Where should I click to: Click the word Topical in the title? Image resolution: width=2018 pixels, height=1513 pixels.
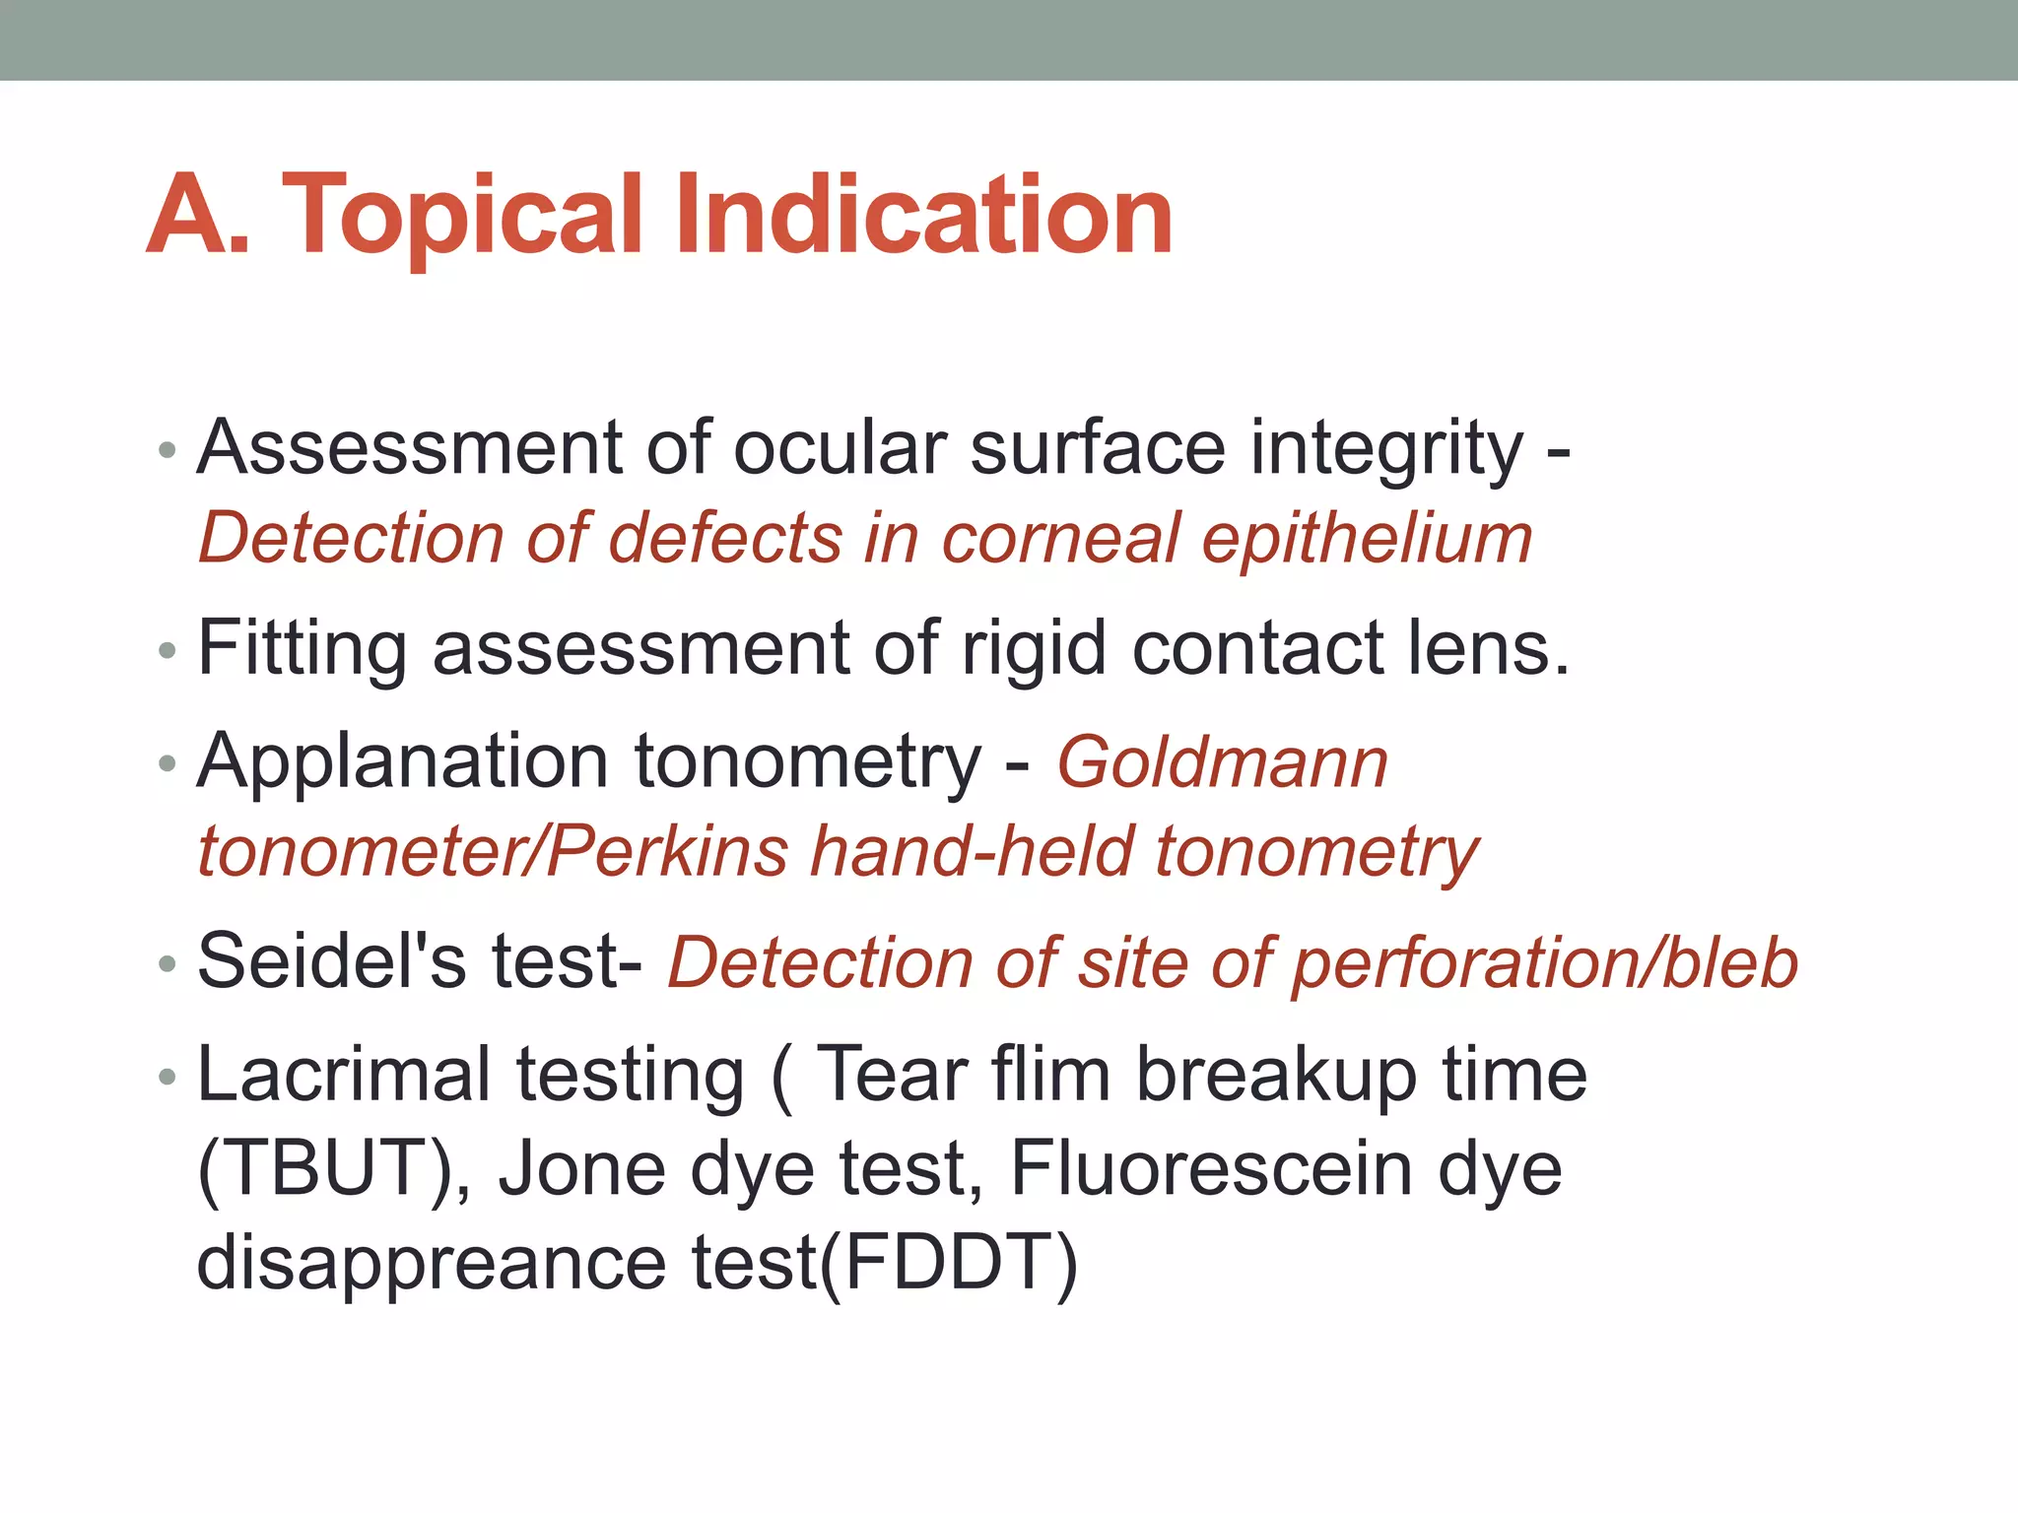pos(463,217)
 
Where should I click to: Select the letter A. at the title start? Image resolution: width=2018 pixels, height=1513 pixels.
pos(197,217)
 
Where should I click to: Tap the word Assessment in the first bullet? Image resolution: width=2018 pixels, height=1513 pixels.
pos(409,448)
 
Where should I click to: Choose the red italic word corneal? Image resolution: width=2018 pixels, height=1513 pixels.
pos(1060,540)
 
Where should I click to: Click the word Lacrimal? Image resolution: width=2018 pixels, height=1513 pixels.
pos(344,1074)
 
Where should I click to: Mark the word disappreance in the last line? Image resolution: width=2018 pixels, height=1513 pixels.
pos(432,1263)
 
